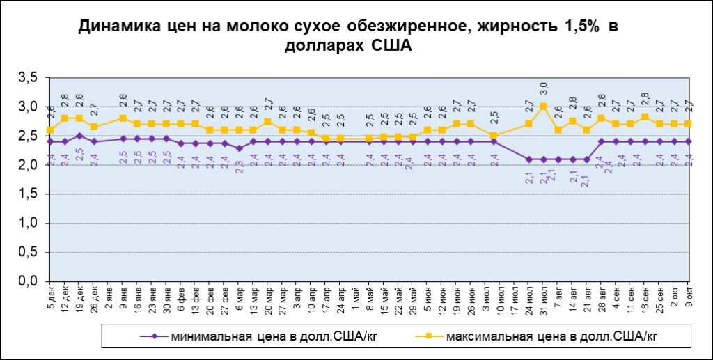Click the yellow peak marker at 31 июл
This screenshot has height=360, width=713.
pyautogui.click(x=543, y=107)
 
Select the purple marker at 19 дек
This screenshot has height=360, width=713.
pyautogui.click(x=79, y=136)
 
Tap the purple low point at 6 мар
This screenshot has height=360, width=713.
pyautogui.click(x=240, y=148)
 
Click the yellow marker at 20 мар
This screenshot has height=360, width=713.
pyautogui.click(x=268, y=122)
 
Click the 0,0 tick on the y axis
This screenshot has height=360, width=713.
pyautogui.click(x=29, y=281)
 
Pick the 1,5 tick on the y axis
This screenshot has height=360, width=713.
pyautogui.click(x=29, y=194)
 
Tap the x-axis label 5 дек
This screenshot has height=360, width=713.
pyautogui.click(x=50, y=297)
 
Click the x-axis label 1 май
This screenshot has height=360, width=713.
pyautogui.click(x=356, y=297)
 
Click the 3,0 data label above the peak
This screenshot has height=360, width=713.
pyautogui.click(x=544, y=88)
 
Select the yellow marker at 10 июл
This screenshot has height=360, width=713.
pyautogui.click(x=494, y=136)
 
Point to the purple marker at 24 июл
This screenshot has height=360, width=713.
pyautogui.click(x=529, y=159)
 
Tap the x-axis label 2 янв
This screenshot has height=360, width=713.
pyautogui.click(x=109, y=297)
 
